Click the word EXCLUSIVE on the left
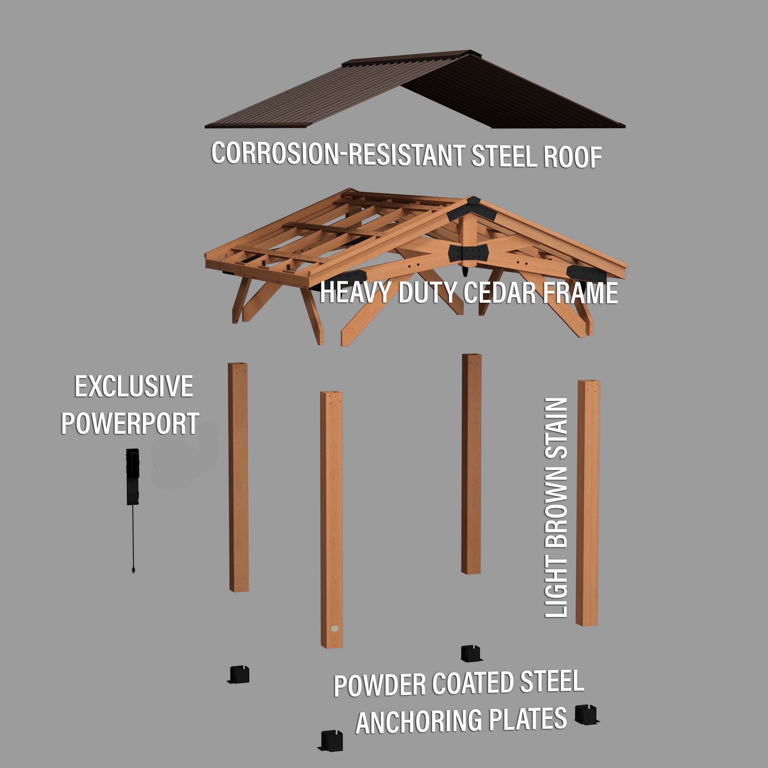point(134,386)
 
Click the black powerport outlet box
point(133,477)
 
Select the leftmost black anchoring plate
point(239,675)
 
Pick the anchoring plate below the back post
point(471,653)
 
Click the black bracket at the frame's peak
point(472,209)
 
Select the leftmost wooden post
point(238,477)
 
